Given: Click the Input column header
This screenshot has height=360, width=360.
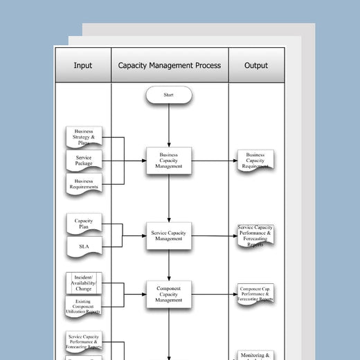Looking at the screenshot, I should [82, 66].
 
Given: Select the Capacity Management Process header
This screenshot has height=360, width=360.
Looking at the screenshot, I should [170, 66].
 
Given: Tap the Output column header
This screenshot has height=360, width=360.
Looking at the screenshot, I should [256, 66].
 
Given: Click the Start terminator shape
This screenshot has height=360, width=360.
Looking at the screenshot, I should [169, 95].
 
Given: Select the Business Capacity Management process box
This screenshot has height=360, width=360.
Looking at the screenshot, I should [169, 161].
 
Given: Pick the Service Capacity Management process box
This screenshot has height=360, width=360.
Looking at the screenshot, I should [169, 235].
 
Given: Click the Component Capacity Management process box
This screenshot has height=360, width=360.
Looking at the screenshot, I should [169, 294].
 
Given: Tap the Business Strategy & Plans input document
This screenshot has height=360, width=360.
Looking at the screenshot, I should [84, 137].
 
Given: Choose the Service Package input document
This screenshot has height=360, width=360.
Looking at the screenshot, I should [84, 161].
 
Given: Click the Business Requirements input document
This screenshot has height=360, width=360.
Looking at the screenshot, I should [84, 183].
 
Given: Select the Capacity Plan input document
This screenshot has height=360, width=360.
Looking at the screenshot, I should [84, 224].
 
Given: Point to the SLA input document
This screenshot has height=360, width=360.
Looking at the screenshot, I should [84, 246].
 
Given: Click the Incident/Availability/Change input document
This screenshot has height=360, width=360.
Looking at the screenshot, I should [84, 282].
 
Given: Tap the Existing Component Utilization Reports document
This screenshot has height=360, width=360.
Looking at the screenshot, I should [84, 306].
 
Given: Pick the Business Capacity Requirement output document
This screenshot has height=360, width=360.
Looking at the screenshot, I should [255, 161].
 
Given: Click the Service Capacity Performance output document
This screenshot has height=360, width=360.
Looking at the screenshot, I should [255, 236].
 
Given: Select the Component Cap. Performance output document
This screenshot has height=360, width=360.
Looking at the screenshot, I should [255, 294].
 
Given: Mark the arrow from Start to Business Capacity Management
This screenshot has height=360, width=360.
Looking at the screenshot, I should [169, 125].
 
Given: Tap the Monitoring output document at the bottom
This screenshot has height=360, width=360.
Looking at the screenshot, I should [255, 354].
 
